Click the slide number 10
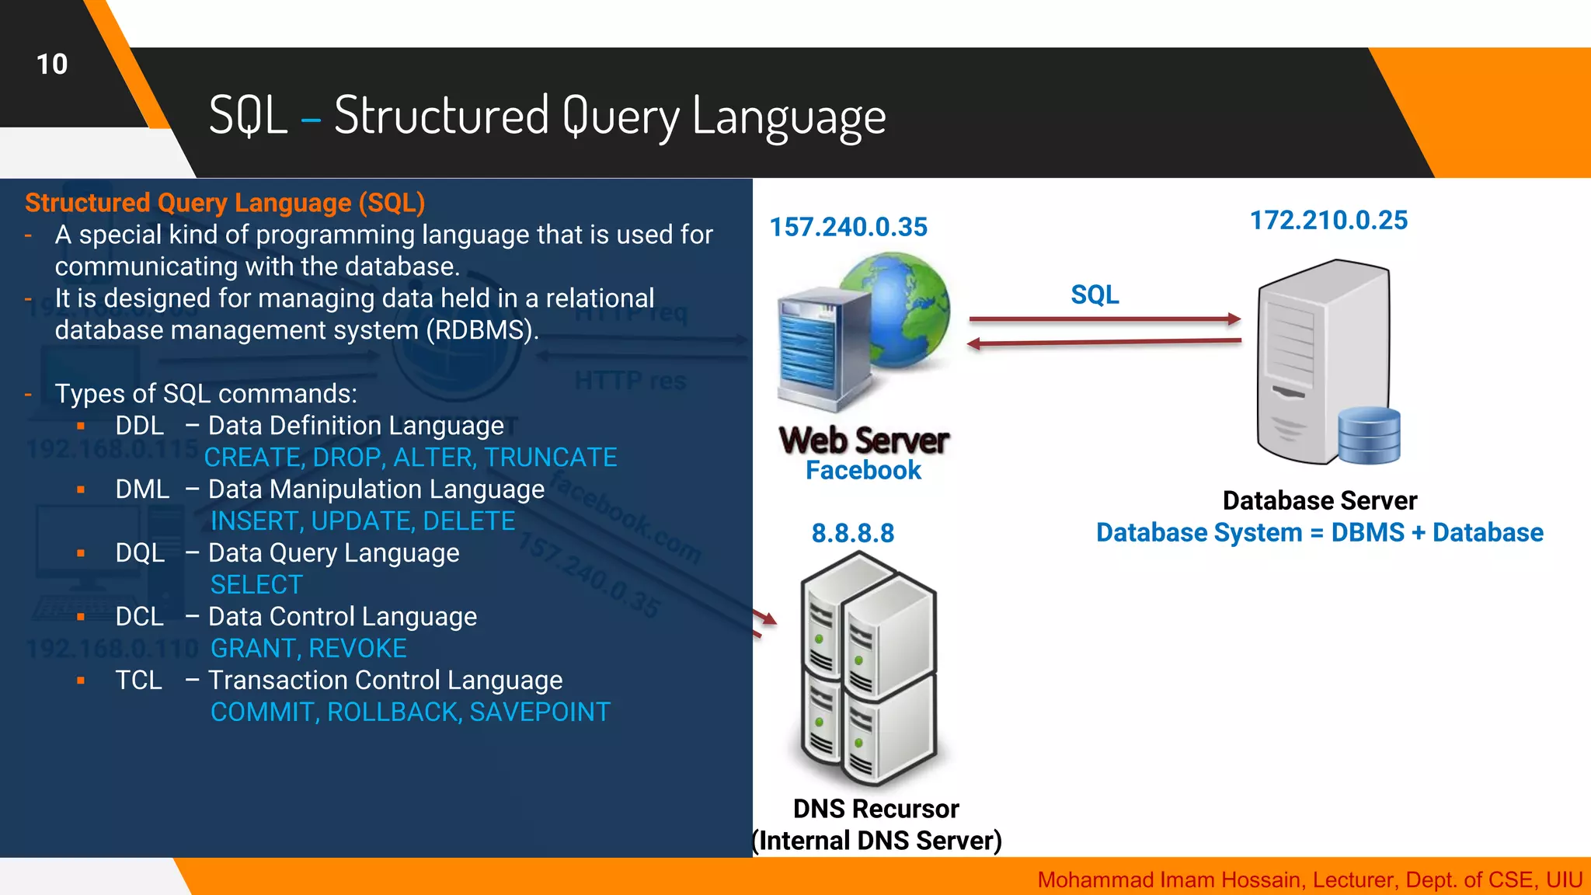pyautogui.click(x=52, y=64)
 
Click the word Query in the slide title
pyautogui.click(x=621, y=117)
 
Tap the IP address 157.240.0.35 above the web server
pyautogui.click(x=848, y=227)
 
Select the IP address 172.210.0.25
pyautogui.click(x=1328, y=221)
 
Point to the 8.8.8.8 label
pyautogui.click(x=853, y=534)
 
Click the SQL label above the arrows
pyautogui.click(x=1095, y=295)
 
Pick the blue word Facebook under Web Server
pyautogui.click(x=863, y=471)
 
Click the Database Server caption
pyautogui.click(x=1319, y=501)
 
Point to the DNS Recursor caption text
pyautogui.click(x=876, y=810)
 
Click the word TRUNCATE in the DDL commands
pyautogui.click(x=551, y=458)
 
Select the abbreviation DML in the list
pyautogui.click(x=142, y=489)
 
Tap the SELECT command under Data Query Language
pyautogui.click(x=256, y=585)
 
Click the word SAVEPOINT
pyautogui.click(x=540, y=712)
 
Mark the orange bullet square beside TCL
pyautogui.click(x=81, y=681)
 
